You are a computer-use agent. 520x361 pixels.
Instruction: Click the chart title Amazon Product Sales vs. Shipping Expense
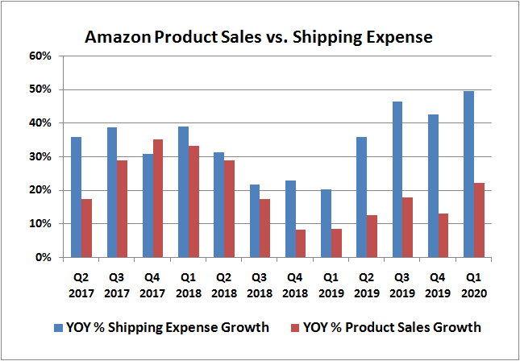(259, 37)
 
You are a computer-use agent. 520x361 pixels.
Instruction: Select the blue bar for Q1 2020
(468, 175)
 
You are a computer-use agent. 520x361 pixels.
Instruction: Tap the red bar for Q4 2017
(157, 198)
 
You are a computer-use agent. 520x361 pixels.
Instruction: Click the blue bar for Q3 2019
(397, 180)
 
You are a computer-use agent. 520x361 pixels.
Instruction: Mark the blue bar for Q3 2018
(254, 221)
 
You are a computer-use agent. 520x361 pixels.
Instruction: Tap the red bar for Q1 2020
(480, 220)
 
